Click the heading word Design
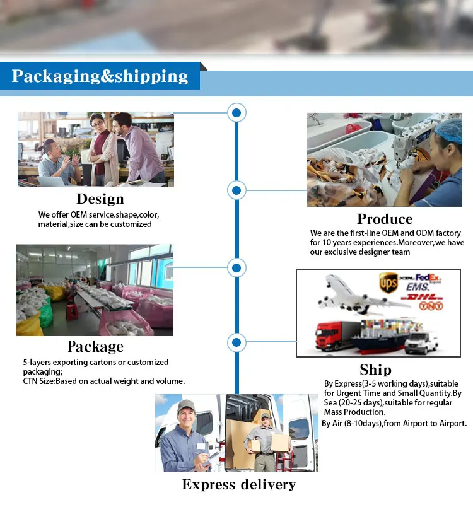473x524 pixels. point(100,199)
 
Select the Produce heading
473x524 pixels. point(385,219)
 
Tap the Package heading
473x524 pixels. point(95,347)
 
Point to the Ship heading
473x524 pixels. point(375,370)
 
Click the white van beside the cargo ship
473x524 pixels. point(421,342)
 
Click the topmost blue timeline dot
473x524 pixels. point(237,114)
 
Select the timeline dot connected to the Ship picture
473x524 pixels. point(236,343)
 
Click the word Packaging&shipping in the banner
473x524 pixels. point(100,77)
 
